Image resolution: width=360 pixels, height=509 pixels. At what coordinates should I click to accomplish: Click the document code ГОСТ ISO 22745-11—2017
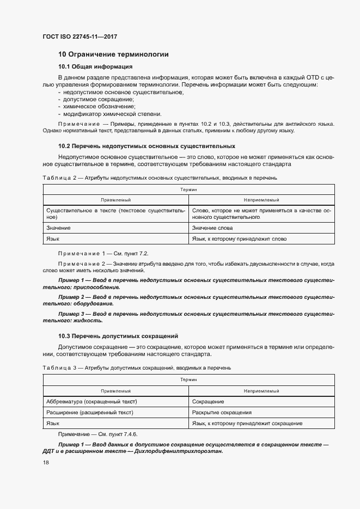(x=80, y=37)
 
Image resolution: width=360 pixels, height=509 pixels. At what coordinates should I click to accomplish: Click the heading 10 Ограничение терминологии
(x=113, y=54)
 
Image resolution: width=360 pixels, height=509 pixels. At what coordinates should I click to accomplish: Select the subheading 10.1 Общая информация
(x=95, y=67)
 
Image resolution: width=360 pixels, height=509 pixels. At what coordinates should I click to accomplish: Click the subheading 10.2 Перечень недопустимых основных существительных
(x=147, y=146)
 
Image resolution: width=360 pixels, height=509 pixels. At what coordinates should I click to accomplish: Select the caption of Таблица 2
(x=161, y=177)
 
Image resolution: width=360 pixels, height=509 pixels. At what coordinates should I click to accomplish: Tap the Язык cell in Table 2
(x=53, y=239)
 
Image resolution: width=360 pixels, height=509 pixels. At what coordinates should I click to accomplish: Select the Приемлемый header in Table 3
(x=116, y=391)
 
